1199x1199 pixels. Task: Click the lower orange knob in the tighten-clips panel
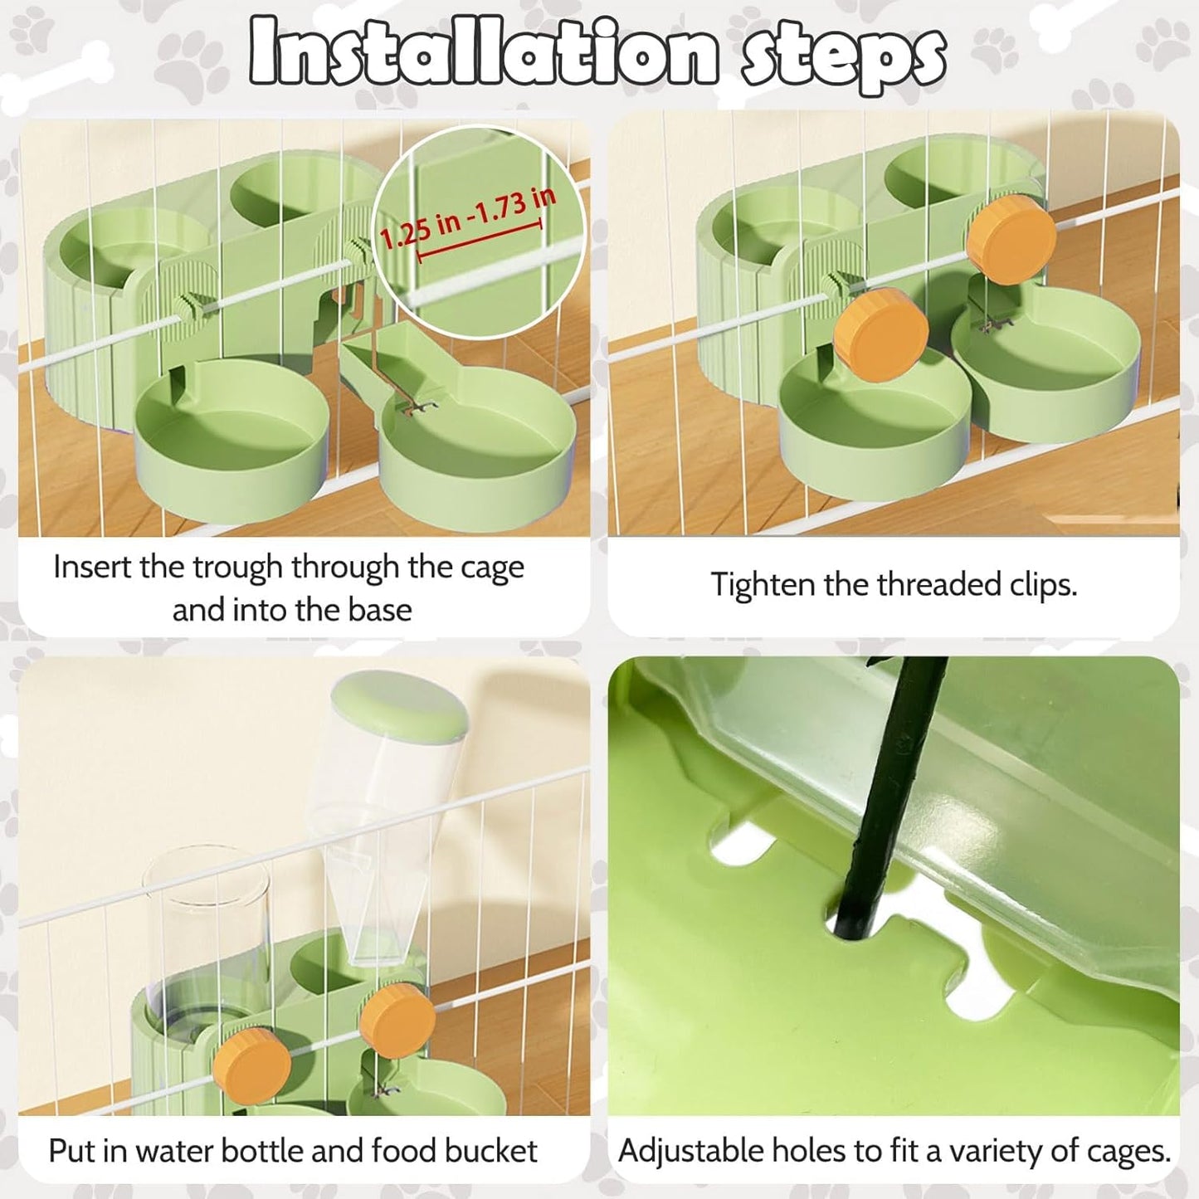[x=880, y=334]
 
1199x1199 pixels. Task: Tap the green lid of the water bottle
[x=400, y=704]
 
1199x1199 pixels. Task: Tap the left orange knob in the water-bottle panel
[x=251, y=1065]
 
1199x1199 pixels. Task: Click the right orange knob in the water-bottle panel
[x=397, y=1020]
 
